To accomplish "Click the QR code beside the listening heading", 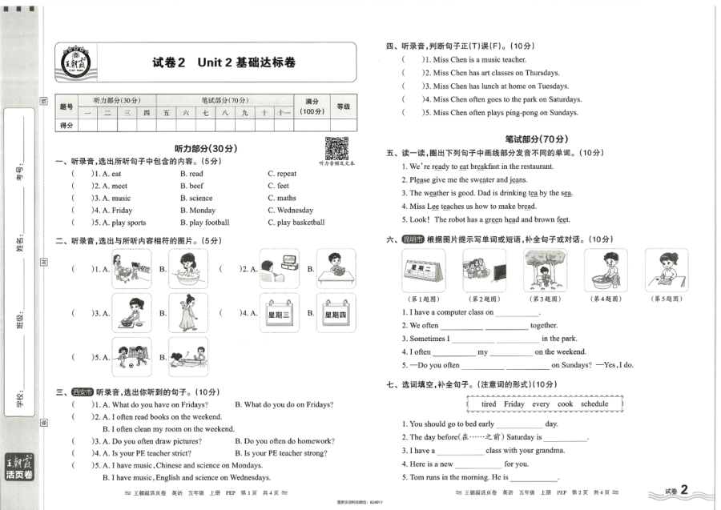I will [336, 148].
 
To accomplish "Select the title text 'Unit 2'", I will [214, 62].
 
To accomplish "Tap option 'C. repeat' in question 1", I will [282, 174].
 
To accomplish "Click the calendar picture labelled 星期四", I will [336, 314].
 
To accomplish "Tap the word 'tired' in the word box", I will [489, 404].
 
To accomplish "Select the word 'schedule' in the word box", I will [594, 404].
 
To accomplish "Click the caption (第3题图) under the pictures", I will [543, 299].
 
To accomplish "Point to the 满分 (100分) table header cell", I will [312, 106].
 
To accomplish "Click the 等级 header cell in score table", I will [344, 106].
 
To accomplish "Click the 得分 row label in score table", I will [66, 126].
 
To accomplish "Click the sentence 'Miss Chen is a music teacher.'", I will [480, 59].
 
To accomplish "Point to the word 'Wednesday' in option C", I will [295, 211].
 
